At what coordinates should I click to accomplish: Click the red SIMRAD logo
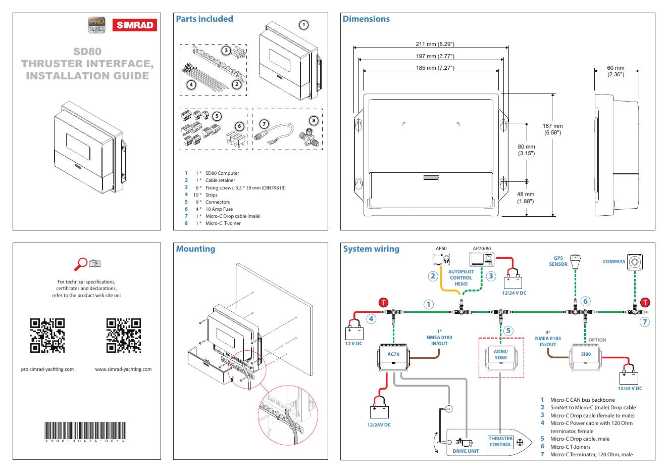(x=134, y=25)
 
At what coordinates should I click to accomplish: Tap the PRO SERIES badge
(x=97, y=25)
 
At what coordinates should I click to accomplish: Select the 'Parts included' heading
(x=204, y=19)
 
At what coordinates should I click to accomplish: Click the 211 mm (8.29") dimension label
(x=435, y=44)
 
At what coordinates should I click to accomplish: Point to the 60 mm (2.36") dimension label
(x=615, y=71)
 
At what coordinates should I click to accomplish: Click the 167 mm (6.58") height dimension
(x=552, y=129)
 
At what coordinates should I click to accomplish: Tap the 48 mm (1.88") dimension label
(x=526, y=198)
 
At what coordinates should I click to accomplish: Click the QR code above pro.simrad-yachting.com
(x=47, y=336)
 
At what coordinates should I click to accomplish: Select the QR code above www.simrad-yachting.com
(x=124, y=336)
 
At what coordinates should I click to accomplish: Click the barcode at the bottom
(x=85, y=431)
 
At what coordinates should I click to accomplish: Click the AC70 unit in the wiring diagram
(x=393, y=357)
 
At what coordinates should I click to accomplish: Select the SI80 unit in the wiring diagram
(x=585, y=357)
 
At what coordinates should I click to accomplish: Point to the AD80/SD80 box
(x=501, y=358)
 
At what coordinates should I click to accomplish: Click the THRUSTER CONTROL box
(x=500, y=442)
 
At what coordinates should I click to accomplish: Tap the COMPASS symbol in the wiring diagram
(x=635, y=262)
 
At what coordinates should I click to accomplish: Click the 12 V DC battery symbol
(x=354, y=333)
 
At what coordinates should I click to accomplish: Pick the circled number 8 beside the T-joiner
(x=314, y=121)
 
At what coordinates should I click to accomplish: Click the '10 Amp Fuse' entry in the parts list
(x=219, y=209)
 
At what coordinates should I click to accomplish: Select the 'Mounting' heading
(x=195, y=249)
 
